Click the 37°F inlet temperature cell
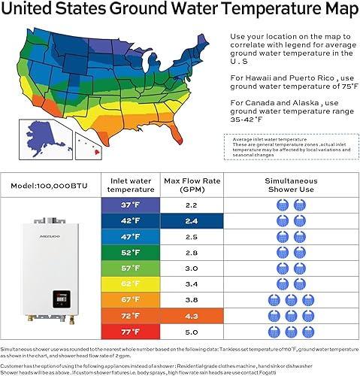pos(131,205)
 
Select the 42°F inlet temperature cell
pos(131,221)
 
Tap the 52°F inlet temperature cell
pos(131,253)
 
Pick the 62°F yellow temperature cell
pos(131,284)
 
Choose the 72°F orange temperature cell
pos(131,316)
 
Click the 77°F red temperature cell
pos(131,332)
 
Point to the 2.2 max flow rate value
pos(191,205)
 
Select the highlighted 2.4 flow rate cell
pos(191,221)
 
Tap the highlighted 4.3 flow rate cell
pos(191,316)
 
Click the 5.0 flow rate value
pos(191,332)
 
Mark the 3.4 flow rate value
pos(191,284)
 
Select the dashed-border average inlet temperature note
pos(289,146)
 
